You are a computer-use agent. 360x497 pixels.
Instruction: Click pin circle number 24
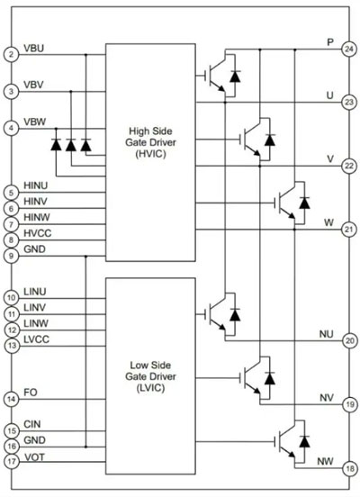pyautogui.click(x=349, y=50)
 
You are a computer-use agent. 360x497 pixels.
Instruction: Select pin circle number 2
pyautogui.click(x=12, y=55)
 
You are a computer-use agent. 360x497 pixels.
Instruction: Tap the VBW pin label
pyautogui.click(x=35, y=122)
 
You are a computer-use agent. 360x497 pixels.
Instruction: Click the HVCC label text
pyautogui.click(x=38, y=233)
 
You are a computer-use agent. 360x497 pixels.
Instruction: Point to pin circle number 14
pyautogui.click(x=12, y=399)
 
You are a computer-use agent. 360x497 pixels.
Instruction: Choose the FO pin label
pyautogui.click(x=31, y=393)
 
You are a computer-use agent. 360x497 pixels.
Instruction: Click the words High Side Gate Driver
pyautogui.click(x=150, y=137)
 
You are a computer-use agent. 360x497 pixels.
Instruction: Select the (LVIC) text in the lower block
pyautogui.click(x=150, y=388)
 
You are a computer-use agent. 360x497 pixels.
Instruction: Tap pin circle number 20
pyautogui.click(x=349, y=340)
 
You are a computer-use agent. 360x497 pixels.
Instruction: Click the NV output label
pyautogui.click(x=327, y=397)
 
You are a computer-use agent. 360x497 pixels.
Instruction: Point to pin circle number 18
pyautogui.click(x=350, y=468)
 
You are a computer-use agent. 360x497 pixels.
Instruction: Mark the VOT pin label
pyautogui.click(x=34, y=457)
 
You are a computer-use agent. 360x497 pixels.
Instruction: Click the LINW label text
pyautogui.click(x=36, y=323)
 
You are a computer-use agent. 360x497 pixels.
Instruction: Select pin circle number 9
pyautogui.click(x=12, y=256)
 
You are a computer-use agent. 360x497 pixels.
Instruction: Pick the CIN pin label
pyautogui.click(x=32, y=424)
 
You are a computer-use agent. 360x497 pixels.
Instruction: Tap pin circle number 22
pyautogui.click(x=349, y=166)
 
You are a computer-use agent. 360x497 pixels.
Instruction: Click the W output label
pyautogui.click(x=328, y=222)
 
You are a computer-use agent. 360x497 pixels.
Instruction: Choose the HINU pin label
pyautogui.click(x=35, y=185)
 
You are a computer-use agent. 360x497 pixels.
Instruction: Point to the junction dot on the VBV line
pyautogui.click(x=71, y=92)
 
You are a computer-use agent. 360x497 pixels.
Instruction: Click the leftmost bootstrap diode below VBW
pyautogui.click(x=56, y=145)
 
